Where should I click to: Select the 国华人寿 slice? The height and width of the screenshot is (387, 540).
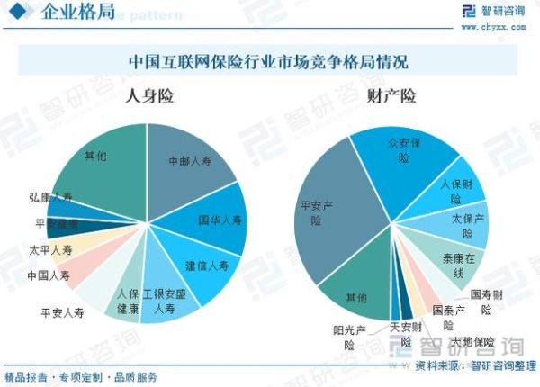tap(219, 219)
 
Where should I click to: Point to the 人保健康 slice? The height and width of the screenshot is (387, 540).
tap(128, 301)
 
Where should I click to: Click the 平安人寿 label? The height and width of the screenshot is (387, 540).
tap(62, 313)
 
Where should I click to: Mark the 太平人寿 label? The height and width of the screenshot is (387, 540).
tap(49, 250)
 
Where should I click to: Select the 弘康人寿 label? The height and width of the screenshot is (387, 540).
tap(50, 196)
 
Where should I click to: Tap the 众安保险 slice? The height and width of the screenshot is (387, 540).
tap(409, 149)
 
